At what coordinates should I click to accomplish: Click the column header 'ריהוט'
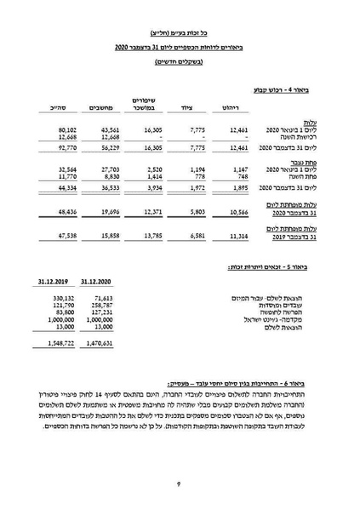coord(234,108)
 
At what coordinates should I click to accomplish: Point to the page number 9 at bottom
coord(180,483)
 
